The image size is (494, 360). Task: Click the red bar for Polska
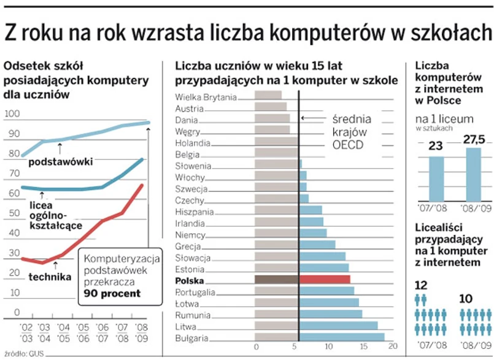point(324,280)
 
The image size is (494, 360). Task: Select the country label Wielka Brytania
point(206,96)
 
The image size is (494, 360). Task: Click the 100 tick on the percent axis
point(12,114)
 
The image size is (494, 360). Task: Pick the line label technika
point(49,277)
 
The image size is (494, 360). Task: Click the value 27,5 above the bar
point(474,140)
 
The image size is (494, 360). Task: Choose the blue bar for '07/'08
point(436,178)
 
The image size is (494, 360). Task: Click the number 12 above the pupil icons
point(421,286)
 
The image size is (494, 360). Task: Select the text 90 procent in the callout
point(112,293)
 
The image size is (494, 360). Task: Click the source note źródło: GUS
point(24,354)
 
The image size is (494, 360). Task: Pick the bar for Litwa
point(315,325)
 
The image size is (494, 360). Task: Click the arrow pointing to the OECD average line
point(313,119)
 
